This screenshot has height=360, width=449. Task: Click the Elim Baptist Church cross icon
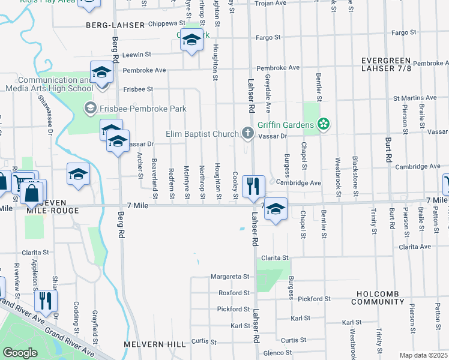click(247, 133)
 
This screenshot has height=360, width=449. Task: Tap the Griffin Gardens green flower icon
click(324, 125)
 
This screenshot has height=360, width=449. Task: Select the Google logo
click(19, 352)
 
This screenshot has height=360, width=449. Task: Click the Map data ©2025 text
click(423, 355)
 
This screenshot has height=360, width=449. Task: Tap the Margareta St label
click(229, 277)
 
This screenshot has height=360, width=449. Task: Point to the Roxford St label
click(234, 293)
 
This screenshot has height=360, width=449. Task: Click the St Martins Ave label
click(414, 97)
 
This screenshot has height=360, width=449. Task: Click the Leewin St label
click(136, 55)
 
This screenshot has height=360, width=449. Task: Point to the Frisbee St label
click(138, 89)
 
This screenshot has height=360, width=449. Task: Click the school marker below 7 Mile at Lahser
click(276, 209)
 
